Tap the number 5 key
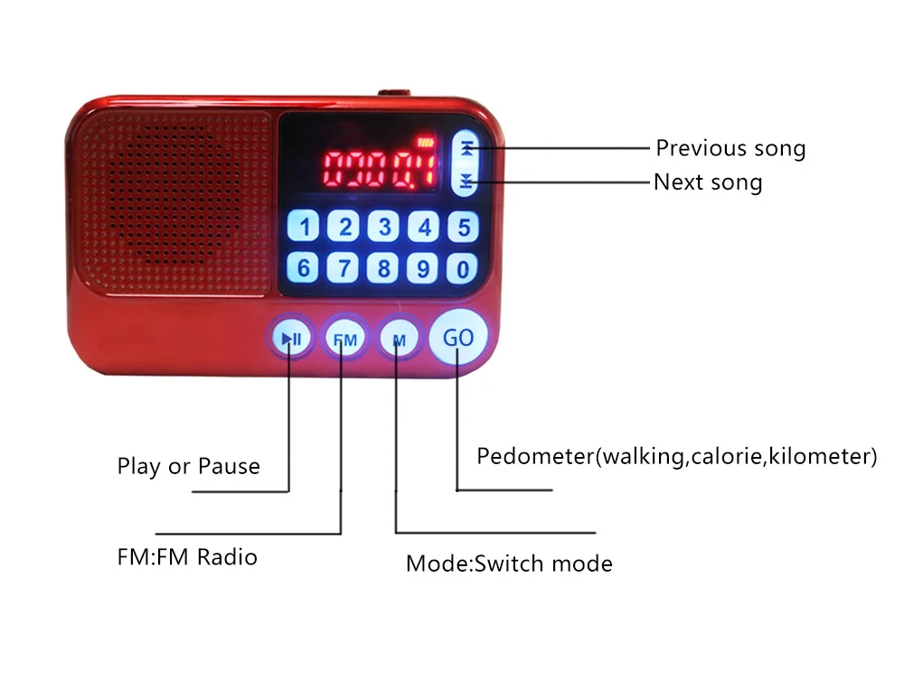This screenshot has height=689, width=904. click(x=463, y=227)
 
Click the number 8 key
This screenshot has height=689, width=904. click(x=383, y=268)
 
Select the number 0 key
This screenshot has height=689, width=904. click(x=462, y=268)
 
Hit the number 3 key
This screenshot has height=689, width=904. click(x=384, y=227)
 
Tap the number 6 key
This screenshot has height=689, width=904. click(x=303, y=268)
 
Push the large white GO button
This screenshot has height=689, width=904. click(x=458, y=337)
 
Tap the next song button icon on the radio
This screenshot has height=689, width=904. click(x=466, y=181)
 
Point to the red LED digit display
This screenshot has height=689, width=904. click(x=379, y=170)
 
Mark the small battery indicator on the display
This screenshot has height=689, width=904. click(x=425, y=142)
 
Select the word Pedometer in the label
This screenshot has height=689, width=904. click(x=535, y=456)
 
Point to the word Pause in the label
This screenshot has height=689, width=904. click(x=229, y=466)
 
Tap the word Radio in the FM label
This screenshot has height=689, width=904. click(x=227, y=557)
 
